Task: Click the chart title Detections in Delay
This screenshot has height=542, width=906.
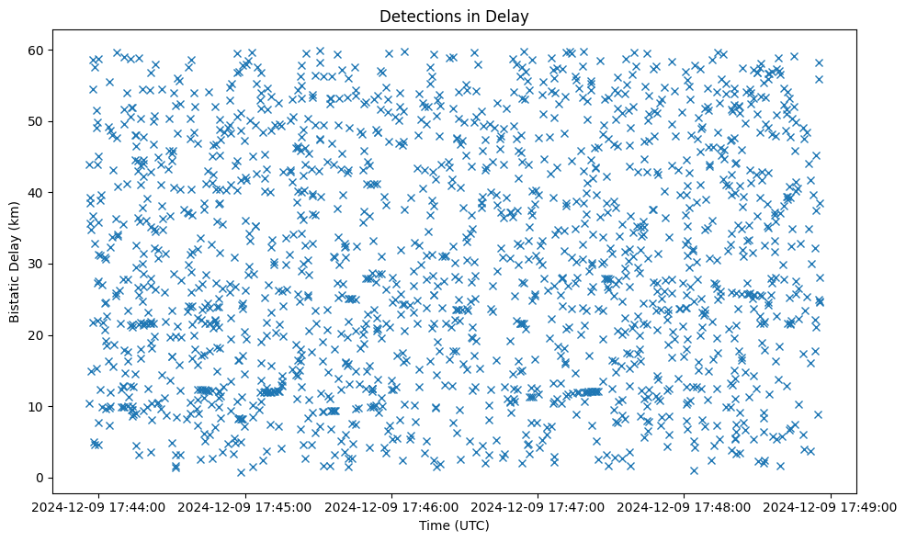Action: (454, 16)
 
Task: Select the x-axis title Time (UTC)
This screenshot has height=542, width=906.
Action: (454, 526)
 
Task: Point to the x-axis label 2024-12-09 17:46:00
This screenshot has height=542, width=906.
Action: (392, 506)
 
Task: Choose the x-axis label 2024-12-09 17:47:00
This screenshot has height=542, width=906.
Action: (538, 506)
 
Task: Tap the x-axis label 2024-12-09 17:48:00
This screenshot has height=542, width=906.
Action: (685, 506)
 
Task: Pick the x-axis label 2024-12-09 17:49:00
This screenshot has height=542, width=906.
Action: (831, 506)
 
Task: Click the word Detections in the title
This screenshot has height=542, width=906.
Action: (417, 16)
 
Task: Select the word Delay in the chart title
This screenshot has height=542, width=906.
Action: (510, 16)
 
